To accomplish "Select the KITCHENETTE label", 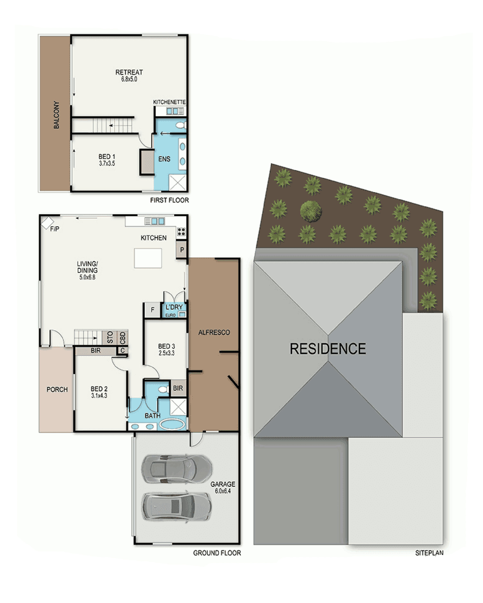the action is (x=169, y=102).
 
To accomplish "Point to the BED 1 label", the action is (x=107, y=157).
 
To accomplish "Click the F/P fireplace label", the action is (x=55, y=229).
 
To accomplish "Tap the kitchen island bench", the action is (x=148, y=258).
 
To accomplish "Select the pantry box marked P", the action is (x=182, y=250).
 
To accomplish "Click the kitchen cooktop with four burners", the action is (x=181, y=232).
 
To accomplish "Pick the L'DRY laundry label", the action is (x=174, y=307).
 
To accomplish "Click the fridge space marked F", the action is (x=152, y=310).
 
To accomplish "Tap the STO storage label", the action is (x=110, y=337).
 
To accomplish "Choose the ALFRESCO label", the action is (x=214, y=333).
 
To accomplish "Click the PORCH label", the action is (x=57, y=390).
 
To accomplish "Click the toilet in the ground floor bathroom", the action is (x=164, y=389).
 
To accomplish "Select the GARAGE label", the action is (x=223, y=484).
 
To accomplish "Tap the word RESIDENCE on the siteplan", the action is (x=328, y=349).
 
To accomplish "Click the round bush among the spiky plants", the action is (x=311, y=211).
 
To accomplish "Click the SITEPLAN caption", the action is (x=429, y=553).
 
